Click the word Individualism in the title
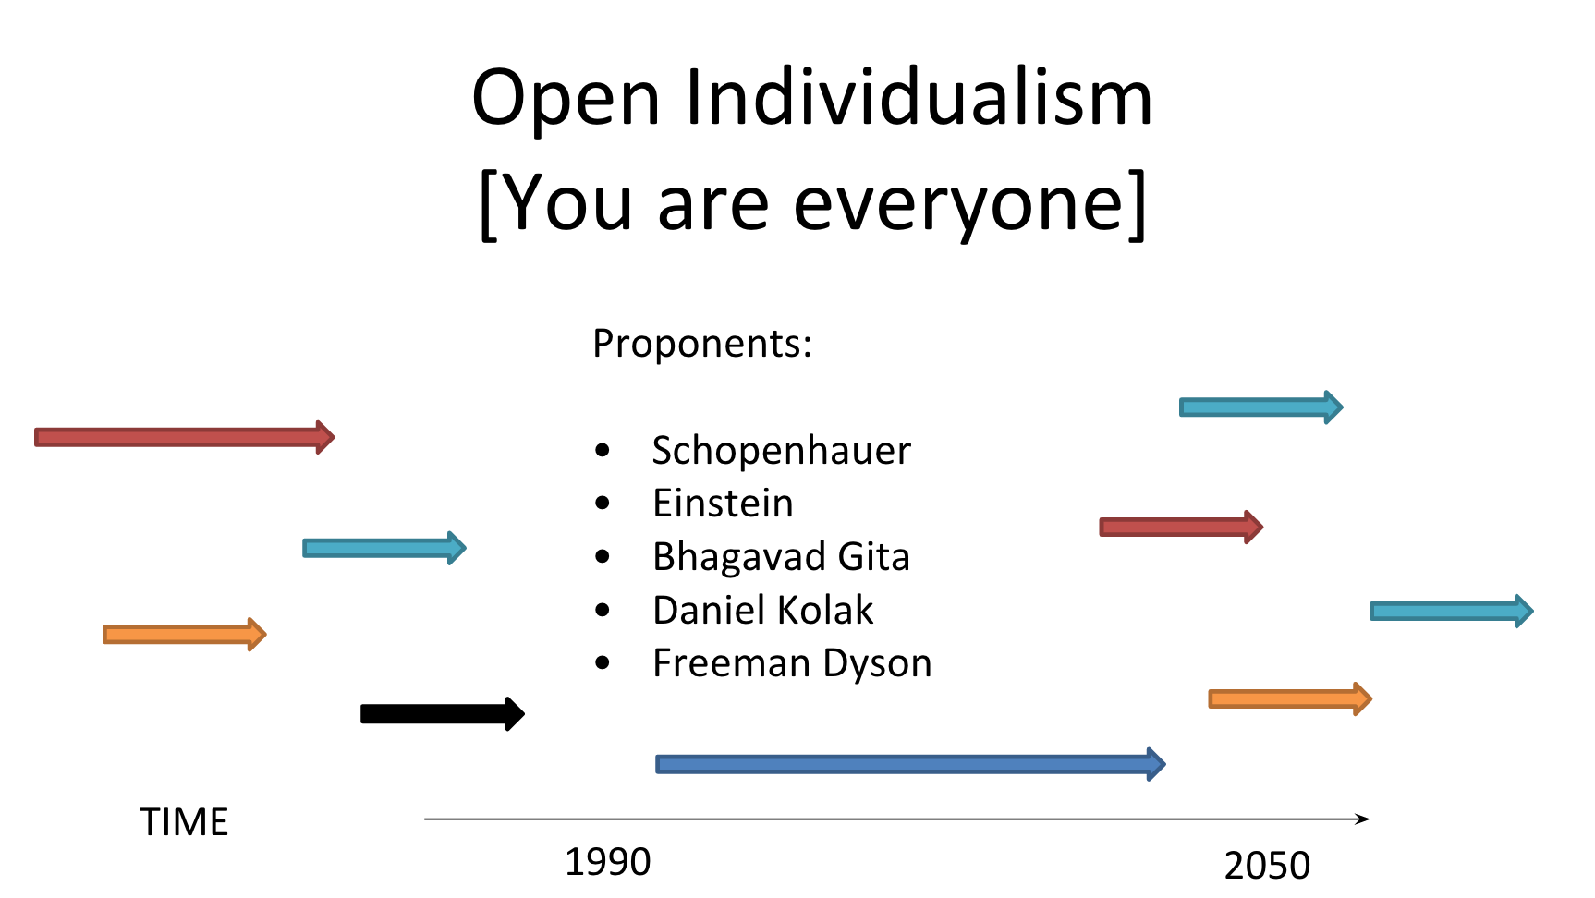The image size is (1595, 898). (x=919, y=97)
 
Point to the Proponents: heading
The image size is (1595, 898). (x=702, y=344)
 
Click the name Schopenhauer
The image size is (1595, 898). (x=782, y=451)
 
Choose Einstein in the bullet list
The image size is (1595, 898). (x=723, y=504)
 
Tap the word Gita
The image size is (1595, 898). (x=874, y=557)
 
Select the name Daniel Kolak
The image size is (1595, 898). (x=762, y=610)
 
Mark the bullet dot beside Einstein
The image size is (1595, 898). (x=603, y=504)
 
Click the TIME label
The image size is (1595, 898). (x=184, y=822)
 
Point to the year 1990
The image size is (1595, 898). (x=608, y=862)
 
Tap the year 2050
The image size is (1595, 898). (x=1267, y=866)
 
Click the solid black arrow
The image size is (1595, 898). (x=443, y=713)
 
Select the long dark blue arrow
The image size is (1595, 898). (x=911, y=764)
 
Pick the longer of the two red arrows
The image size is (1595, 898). (x=185, y=437)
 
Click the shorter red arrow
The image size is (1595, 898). (x=1181, y=527)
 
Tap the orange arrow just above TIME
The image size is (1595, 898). (x=185, y=635)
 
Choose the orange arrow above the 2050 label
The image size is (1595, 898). (x=1290, y=698)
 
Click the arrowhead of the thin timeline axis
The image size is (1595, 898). (x=1364, y=819)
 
